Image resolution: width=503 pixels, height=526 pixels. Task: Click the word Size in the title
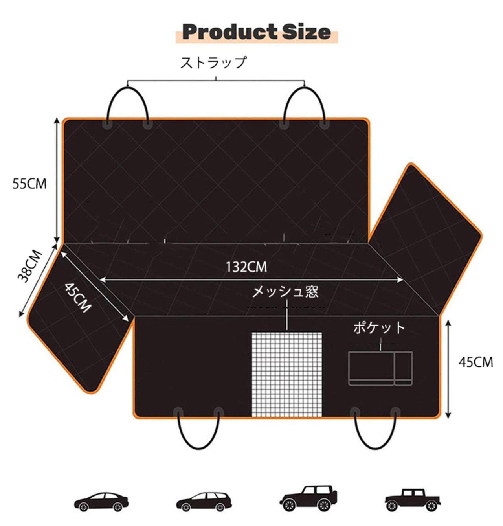[307, 32]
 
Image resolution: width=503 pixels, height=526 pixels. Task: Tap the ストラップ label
[214, 63]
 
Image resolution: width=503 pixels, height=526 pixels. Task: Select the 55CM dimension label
[29, 184]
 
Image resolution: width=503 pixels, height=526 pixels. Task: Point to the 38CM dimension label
[30, 266]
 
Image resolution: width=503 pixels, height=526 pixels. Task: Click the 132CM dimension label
[246, 267]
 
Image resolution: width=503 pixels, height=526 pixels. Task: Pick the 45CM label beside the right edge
[476, 362]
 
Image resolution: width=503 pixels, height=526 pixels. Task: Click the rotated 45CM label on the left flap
[78, 297]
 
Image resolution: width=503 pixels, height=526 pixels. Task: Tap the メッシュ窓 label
[285, 292]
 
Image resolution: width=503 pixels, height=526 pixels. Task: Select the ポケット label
[379, 327]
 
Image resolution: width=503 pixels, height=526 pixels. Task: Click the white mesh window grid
[286, 374]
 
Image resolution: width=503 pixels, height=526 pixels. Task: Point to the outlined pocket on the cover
[380, 368]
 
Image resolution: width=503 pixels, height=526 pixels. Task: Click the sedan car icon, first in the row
[101, 501]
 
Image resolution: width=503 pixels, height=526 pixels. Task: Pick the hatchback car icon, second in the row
[204, 501]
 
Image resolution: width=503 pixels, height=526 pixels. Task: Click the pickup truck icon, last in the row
[413, 500]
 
